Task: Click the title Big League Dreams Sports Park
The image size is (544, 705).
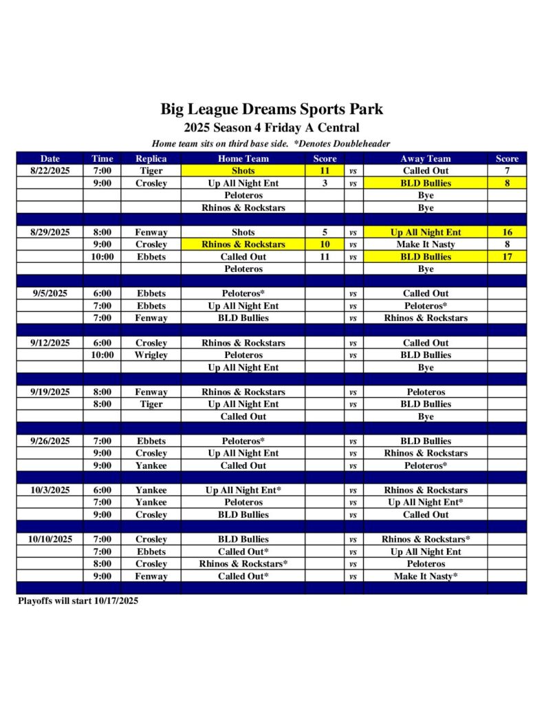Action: [272, 109]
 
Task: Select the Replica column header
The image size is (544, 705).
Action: [151, 158]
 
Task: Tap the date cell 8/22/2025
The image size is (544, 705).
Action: [50, 171]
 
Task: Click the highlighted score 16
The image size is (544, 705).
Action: [507, 233]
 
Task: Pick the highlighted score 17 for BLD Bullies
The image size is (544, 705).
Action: [507, 257]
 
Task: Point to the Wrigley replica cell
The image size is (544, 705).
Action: [151, 355]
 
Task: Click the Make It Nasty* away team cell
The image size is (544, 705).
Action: [426, 576]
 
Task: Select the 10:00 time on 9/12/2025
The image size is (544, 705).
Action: [102, 355]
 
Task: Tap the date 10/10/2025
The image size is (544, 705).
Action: [50, 539]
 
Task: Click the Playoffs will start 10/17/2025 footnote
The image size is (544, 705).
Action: [78, 601]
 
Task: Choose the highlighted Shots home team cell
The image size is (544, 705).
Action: [243, 171]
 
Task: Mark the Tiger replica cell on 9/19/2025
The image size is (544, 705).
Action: [151, 404]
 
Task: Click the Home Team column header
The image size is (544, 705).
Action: [243, 158]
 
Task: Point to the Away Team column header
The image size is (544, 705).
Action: [426, 158]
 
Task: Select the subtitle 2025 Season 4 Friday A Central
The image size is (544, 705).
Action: [272, 127]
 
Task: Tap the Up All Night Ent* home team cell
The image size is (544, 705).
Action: [243, 490]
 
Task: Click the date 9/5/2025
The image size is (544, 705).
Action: [50, 293]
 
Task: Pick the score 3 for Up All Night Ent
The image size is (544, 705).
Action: [325, 183]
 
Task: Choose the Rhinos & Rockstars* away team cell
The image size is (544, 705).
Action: [426, 539]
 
